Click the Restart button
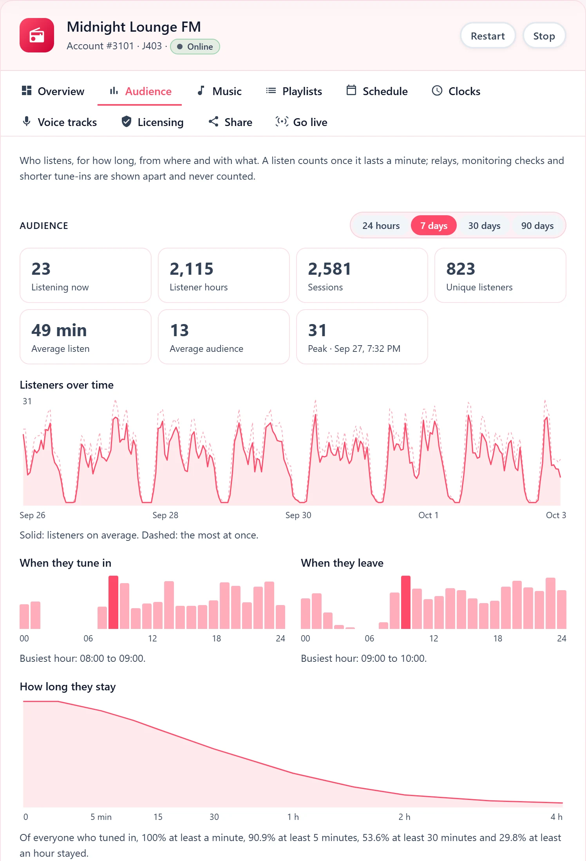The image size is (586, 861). pos(488,36)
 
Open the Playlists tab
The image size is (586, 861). pos(294,91)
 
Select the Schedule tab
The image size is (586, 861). pos(377,91)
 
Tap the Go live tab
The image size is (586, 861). pos(301,122)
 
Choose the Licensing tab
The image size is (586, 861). pos(152,122)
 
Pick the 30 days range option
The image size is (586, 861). pos(484,226)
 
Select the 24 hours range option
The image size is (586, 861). pos(381,226)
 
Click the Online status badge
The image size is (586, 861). pos(195,47)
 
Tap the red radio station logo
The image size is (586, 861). pos(37,35)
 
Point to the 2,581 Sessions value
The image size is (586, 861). pos(329,269)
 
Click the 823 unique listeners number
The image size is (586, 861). pos(461,269)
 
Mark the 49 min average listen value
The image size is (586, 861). pos(59,330)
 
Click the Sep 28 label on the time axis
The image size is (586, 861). pos(165,515)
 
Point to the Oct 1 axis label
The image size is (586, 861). pos(428,515)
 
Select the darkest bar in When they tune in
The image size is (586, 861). pos(113,602)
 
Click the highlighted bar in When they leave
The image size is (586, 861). pos(406,602)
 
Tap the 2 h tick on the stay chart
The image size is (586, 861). pos(404,817)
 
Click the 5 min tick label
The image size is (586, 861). pos(101,817)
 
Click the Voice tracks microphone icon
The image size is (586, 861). pos(27,121)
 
